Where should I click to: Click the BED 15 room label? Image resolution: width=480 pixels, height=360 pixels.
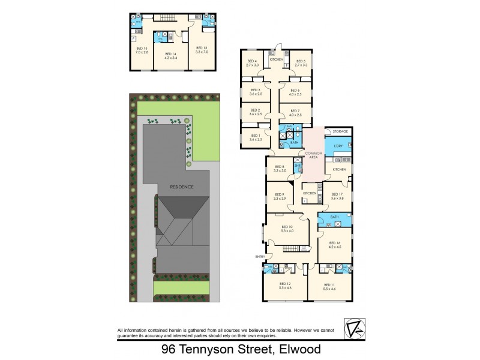142,47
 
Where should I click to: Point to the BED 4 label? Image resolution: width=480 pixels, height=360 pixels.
252,61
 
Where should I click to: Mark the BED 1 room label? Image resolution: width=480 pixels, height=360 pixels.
256,136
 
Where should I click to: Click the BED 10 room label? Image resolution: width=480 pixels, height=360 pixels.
287,227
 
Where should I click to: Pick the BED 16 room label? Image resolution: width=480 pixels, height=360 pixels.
335,243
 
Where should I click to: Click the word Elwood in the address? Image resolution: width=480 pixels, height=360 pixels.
298,349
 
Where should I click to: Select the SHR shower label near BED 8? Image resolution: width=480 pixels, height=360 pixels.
297,165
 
